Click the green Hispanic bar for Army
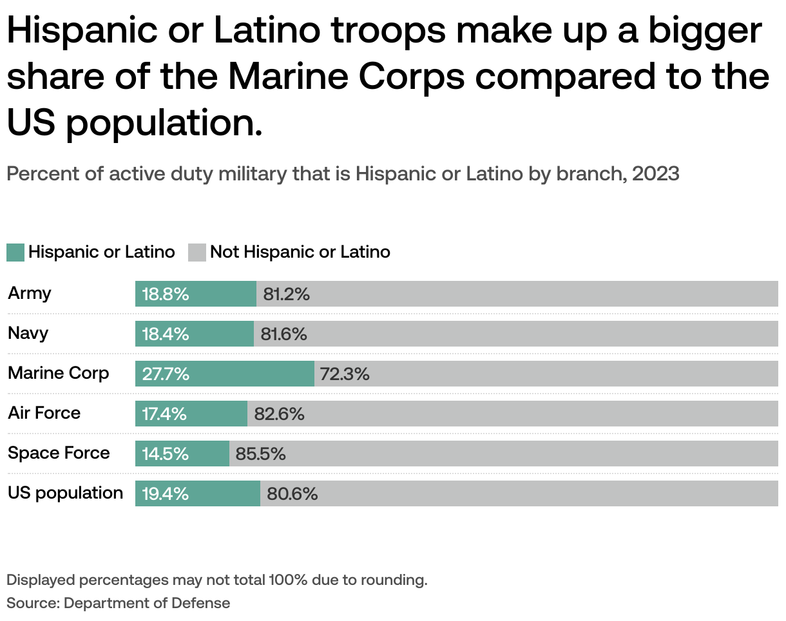(x=196, y=294)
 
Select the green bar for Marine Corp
(x=225, y=374)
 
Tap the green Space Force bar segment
(x=182, y=454)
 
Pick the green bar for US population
(x=198, y=493)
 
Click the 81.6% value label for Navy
(x=283, y=334)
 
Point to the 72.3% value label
(x=345, y=374)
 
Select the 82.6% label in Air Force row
(x=279, y=414)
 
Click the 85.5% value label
(x=260, y=454)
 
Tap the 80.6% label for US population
(x=292, y=493)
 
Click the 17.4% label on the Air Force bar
(x=164, y=414)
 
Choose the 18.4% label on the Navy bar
(x=166, y=334)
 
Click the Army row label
(x=30, y=293)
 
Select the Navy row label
(x=28, y=333)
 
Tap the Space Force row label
(x=59, y=453)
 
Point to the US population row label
(x=65, y=493)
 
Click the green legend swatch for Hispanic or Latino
(x=15, y=252)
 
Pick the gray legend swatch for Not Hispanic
(x=197, y=252)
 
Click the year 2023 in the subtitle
(x=655, y=174)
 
